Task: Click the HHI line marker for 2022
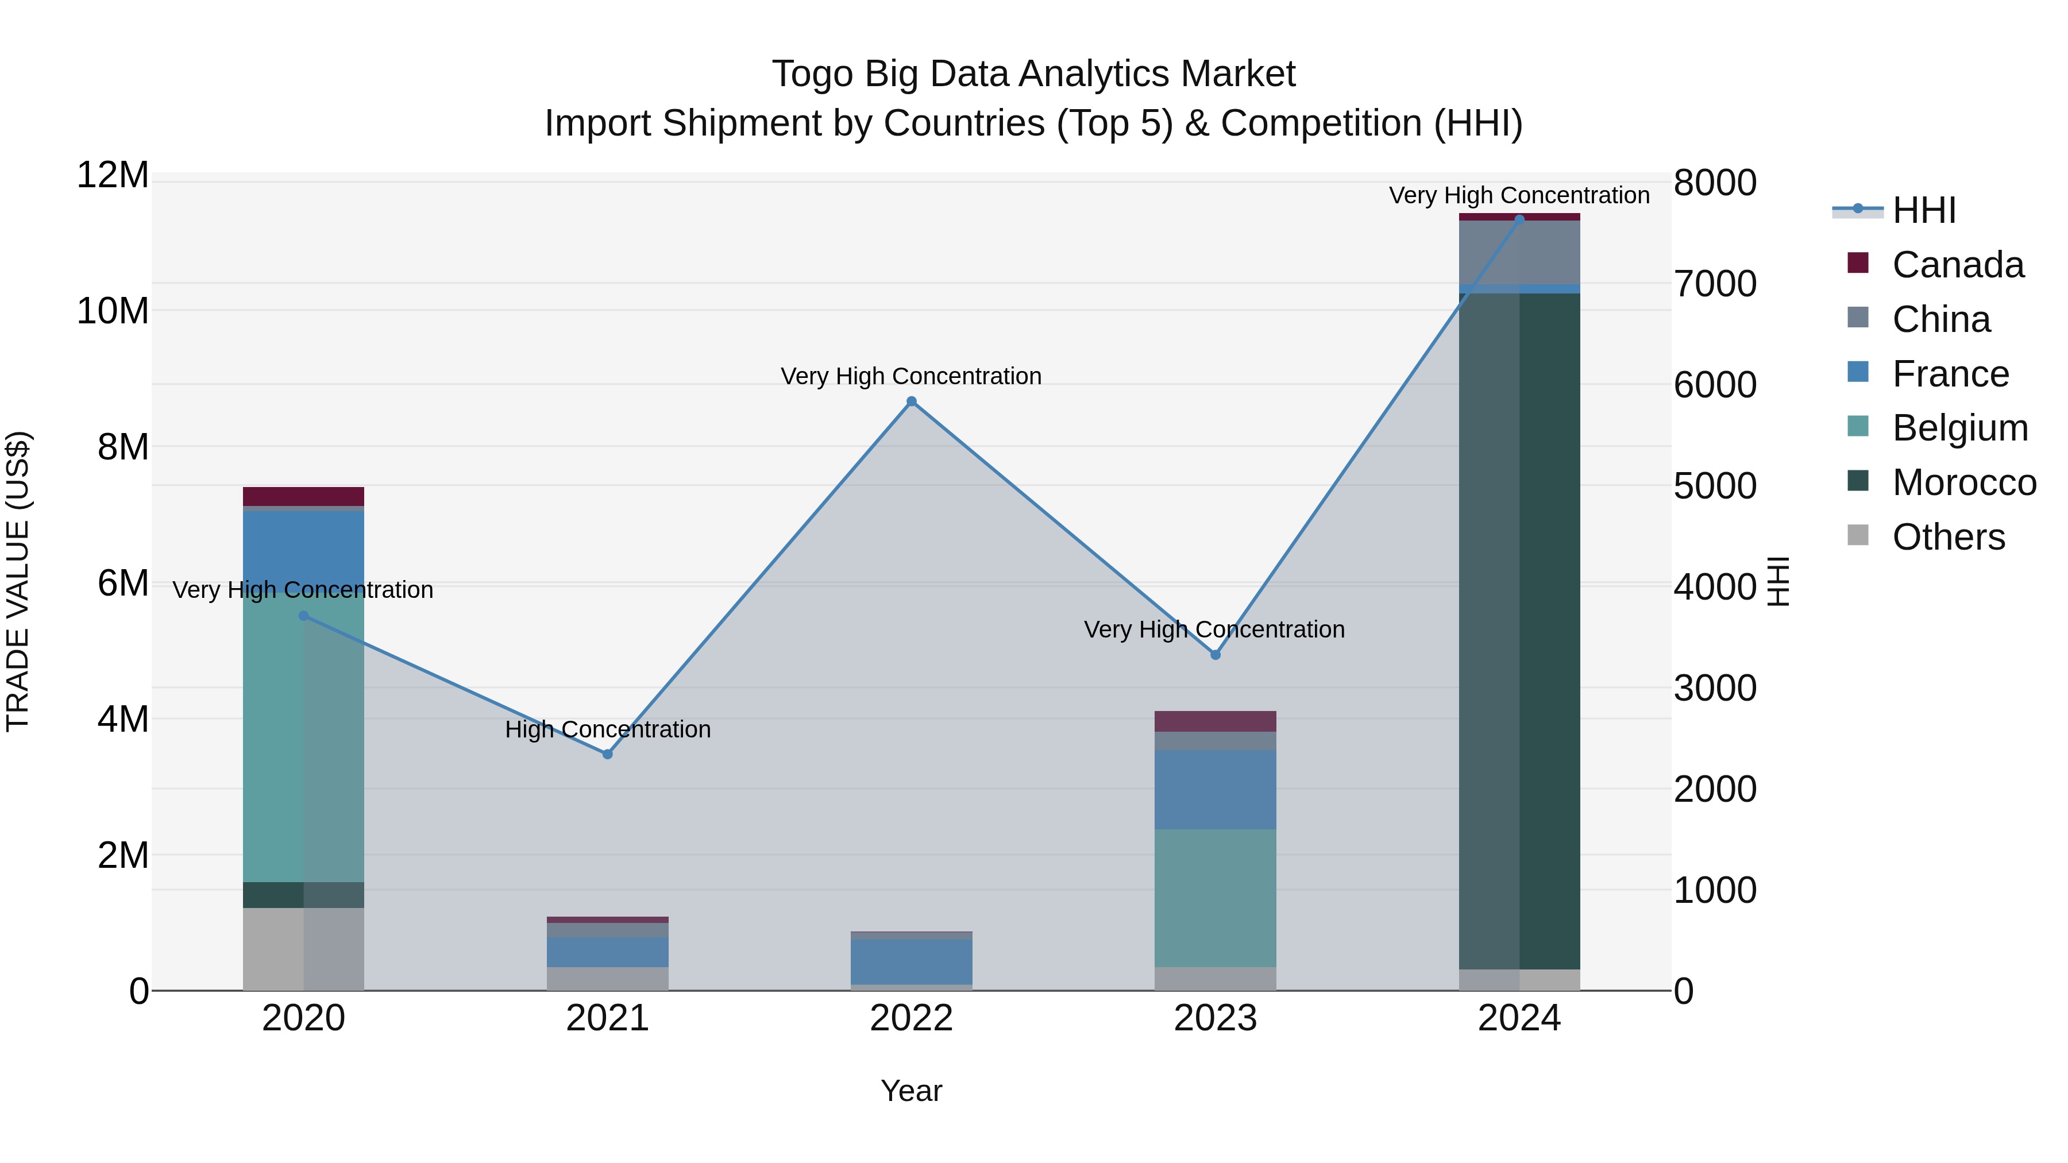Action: (x=911, y=401)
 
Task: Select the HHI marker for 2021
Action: (x=608, y=755)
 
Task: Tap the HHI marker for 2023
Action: (x=1216, y=655)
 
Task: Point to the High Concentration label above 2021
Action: (x=608, y=729)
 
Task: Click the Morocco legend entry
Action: (x=1963, y=483)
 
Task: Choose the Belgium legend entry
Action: (x=1959, y=428)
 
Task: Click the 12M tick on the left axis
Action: (x=113, y=176)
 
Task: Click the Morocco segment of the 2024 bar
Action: (x=1519, y=626)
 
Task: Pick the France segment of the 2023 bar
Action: (x=1216, y=790)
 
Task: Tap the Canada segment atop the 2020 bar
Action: (x=303, y=496)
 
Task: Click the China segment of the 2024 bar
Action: (x=1519, y=252)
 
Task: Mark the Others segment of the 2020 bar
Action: (x=303, y=949)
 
